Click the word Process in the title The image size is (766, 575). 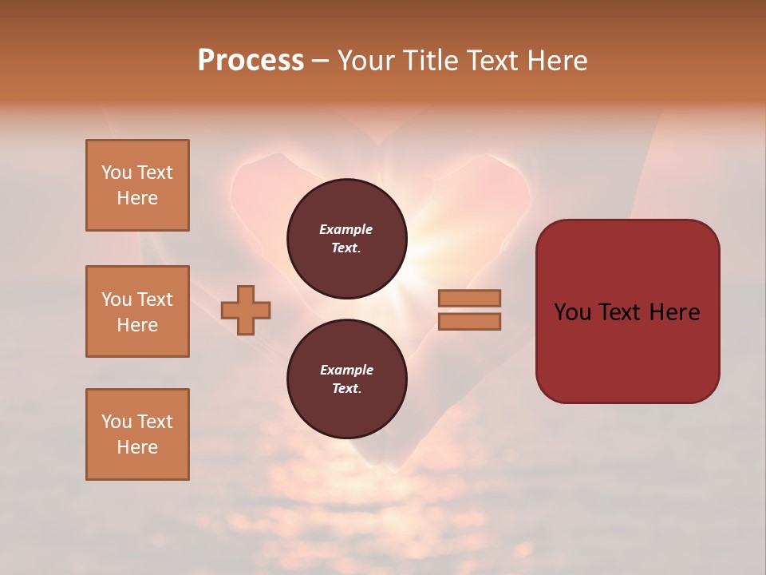point(251,61)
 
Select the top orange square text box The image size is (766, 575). point(137,185)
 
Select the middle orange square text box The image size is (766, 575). point(137,311)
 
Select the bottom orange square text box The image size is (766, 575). point(137,434)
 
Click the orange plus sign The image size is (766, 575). point(246,310)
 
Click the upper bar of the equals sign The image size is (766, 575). point(469,299)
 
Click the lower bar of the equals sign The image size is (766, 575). point(469,322)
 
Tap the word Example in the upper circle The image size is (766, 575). point(345,229)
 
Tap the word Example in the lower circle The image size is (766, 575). point(345,370)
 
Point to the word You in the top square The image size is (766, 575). point(116,172)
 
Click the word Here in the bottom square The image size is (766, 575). point(137,447)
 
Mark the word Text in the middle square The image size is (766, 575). point(154,299)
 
